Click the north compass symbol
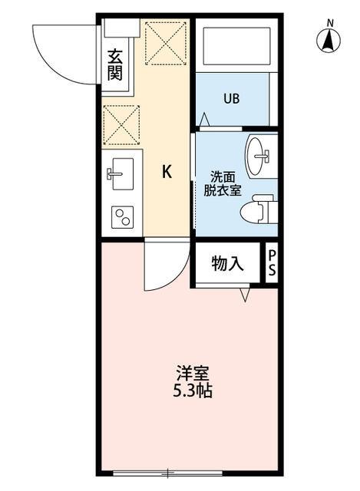[329, 40]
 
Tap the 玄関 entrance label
[115, 64]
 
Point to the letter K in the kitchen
[166, 172]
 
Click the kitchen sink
[119, 172]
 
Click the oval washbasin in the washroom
[259, 156]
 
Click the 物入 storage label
[227, 264]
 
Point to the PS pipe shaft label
[272, 264]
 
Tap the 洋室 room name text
[193, 374]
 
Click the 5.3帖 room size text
[193, 390]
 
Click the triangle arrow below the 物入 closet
[246, 295]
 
